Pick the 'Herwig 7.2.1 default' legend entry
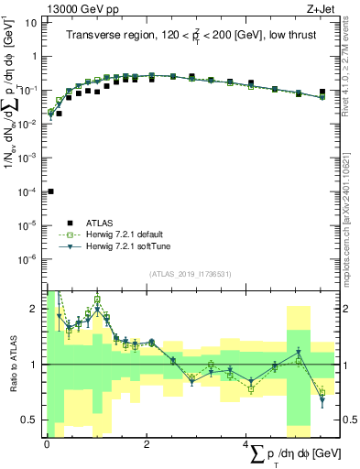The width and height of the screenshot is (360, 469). coord(124,234)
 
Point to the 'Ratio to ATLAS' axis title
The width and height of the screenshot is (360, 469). coord(11,365)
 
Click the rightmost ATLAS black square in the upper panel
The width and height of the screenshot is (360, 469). coord(322,92)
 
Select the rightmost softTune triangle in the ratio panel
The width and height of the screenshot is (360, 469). coord(322,400)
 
